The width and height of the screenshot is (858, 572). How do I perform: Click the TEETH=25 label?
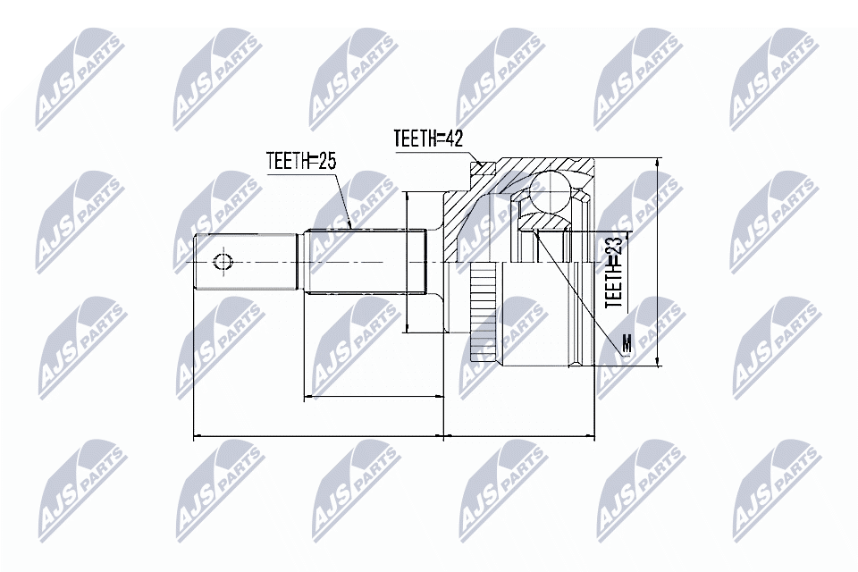(x=300, y=161)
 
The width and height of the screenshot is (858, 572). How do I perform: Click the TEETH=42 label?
(x=428, y=139)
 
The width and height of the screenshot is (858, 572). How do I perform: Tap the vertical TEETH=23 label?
(x=614, y=273)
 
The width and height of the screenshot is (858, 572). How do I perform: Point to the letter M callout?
(x=627, y=344)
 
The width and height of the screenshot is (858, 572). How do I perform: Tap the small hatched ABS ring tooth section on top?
(x=482, y=167)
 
